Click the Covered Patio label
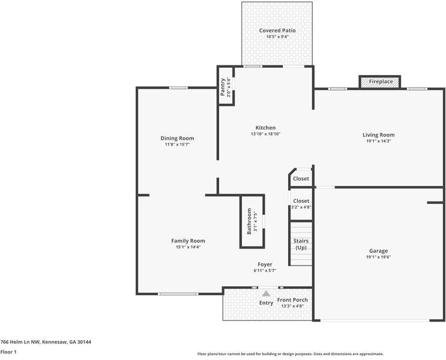tap(277, 31)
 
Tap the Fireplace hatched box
tap(380, 81)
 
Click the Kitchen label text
tap(265, 128)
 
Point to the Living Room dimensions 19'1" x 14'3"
tap(378, 142)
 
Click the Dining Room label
tap(177, 138)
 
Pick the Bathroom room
tap(252, 221)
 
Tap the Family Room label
tap(188, 241)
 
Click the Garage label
tap(378, 251)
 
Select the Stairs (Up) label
tap(301, 244)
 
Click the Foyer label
tap(265, 264)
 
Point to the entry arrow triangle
tap(266, 293)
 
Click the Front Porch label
tap(292, 300)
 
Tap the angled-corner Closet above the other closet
tap(301, 179)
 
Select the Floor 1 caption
tap(8, 352)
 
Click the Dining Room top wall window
tap(178, 88)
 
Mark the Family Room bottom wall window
tap(178, 293)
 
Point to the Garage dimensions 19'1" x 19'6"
tap(378, 257)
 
